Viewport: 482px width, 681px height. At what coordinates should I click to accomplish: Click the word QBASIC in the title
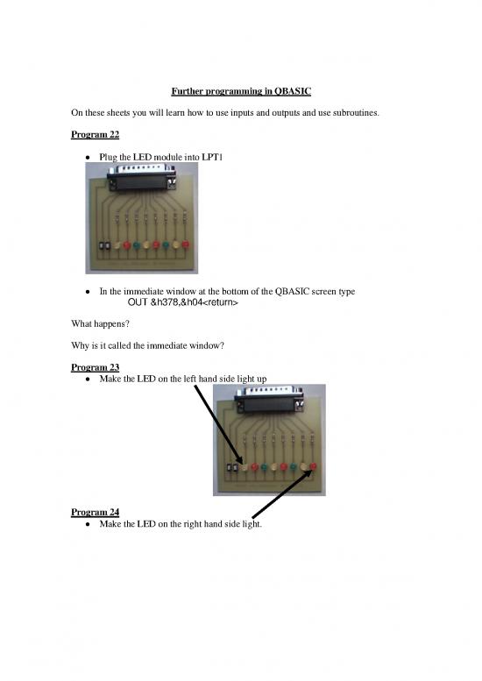pyautogui.click(x=295, y=90)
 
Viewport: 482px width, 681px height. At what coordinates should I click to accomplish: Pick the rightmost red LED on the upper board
pyautogui.click(x=185, y=245)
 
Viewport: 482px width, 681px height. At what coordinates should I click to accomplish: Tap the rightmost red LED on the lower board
pyautogui.click(x=313, y=467)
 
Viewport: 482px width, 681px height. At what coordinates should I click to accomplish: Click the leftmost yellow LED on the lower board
pyautogui.click(x=245, y=467)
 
